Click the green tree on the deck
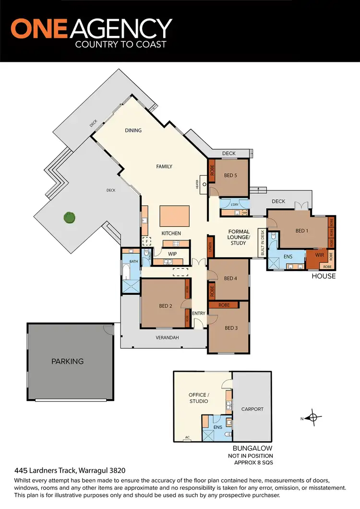[x=70, y=218]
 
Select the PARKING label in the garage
[x=68, y=361]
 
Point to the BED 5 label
[x=230, y=176]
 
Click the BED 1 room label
[x=301, y=231]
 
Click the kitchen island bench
[x=175, y=216]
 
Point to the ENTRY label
[x=199, y=313]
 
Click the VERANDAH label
[x=167, y=338]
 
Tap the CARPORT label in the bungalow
[x=252, y=409]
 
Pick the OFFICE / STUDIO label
[x=198, y=398]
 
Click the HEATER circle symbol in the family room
[x=204, y=184]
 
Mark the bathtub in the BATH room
[x=126, y=272]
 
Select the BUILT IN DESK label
[x=263, y=243]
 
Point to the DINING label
[x=133, y=130]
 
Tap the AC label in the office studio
[x=187, y=437]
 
